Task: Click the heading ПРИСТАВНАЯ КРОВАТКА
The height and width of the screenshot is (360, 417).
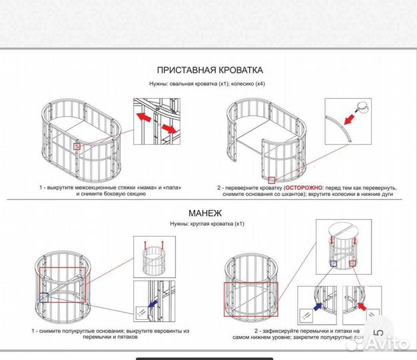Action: (x=209, y=70)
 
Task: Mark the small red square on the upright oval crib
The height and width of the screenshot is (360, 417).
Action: (x=77, y=145)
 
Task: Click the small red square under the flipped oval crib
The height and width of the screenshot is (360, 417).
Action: (x=271, y=179)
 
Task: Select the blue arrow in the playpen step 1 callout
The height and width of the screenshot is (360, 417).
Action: (x=153, y=304)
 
